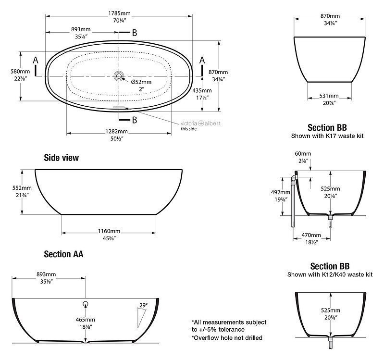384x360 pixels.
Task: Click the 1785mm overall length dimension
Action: click(119, 13)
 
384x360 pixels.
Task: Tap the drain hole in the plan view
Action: click(119, 76)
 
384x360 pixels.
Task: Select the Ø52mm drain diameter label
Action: click(141, 82)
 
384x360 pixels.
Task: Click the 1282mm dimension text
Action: click(117, 132)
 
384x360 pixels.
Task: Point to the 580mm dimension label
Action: click(20, 72)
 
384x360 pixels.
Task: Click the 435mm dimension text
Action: click(202, 90)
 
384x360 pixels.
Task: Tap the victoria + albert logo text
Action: click(200, 124)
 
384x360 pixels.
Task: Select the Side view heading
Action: click(61, 158)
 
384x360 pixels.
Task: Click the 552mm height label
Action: click(22, 188)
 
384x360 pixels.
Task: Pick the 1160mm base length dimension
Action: click(109, 231)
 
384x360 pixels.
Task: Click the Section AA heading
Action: click(63, 254)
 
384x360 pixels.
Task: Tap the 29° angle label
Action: click(144, 305)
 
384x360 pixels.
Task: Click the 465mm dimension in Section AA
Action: click(85, 320)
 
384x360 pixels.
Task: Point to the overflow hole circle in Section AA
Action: click(85, 304)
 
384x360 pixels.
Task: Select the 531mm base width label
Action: click(329, 96)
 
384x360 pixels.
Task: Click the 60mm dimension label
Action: click(303, 154)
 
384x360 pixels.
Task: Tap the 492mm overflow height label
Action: click(280, 192)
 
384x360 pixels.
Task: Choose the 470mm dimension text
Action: click(311, 235)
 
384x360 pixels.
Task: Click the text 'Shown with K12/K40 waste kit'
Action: click(330, 274)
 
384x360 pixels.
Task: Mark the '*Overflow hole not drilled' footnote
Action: click(227, 338)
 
